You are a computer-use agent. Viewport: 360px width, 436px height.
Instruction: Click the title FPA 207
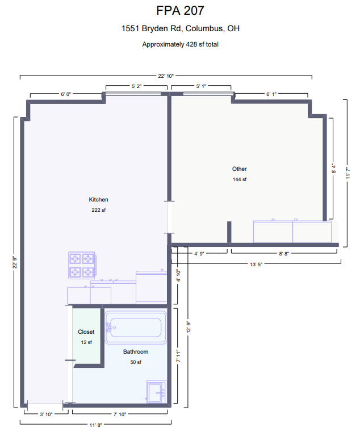coord(180,11)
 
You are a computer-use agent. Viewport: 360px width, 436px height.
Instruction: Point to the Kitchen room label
coord(98,199)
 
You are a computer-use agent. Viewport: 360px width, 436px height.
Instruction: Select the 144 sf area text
coord(240,179)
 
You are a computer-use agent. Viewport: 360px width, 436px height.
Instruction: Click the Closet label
coord(86,332)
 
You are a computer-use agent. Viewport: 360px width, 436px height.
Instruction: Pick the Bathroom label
coord(136,351)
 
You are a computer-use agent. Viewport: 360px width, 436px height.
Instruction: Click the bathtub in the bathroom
coord(136,328)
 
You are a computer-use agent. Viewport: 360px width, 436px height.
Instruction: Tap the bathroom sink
coord(156,392)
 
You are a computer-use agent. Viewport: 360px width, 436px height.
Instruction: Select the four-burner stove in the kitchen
coord(82,265)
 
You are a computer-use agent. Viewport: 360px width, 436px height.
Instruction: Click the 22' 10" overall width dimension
coord(166,76)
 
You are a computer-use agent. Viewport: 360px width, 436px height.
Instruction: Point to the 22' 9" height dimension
coord(14,262)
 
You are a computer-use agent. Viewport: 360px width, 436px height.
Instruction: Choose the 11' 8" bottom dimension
coord(96,425)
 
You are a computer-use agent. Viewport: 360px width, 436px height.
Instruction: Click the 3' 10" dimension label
coord(46,414)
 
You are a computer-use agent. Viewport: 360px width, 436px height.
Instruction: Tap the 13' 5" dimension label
coord(256,265)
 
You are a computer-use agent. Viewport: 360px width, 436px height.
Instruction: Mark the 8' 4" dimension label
coord(333,168)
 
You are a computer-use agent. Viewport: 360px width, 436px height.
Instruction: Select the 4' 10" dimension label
coord(178,275)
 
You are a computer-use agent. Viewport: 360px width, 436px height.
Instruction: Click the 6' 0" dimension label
coord(66,94)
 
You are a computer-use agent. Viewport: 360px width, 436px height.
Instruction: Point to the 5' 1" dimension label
coord(201,86)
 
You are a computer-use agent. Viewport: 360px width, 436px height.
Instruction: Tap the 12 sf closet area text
coord(86,342)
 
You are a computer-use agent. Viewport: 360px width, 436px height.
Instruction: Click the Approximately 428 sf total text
coord(180,44)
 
